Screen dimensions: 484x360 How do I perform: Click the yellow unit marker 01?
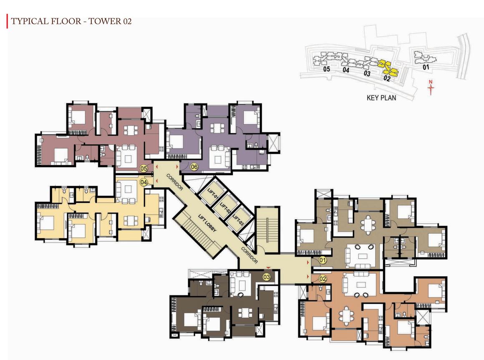click(323, 260)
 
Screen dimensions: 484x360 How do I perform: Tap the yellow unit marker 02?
click(323, 279)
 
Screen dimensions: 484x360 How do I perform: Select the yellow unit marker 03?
click(267, 277)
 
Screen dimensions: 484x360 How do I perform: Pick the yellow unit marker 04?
click(144, 182)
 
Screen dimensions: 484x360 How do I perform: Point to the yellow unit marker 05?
click(144, 169)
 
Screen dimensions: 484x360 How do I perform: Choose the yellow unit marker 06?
click(194, 167)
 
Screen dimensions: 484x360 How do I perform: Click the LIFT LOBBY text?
click(207, 223)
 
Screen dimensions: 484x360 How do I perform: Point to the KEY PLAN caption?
click(381, 98)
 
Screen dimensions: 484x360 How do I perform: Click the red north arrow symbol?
click(431, 88)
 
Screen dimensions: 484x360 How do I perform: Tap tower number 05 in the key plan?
click(327, 69)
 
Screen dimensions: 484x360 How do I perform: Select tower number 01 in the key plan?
click(426, 67)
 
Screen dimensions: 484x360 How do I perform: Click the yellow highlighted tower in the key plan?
click(388, 68)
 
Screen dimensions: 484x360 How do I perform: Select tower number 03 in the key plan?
click(367, 73)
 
